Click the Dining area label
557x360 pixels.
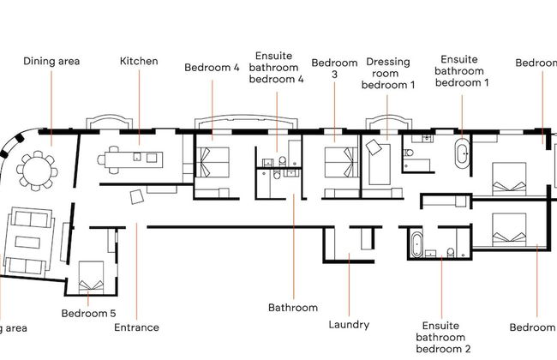pos(52,61)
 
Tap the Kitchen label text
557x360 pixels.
pos(138,61)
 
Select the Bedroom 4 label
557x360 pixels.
pos(212,68)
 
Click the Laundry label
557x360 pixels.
pos(349,325)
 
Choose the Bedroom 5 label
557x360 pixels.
pos(88,314)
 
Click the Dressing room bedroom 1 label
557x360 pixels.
pos(388,74)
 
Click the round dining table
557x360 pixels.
pos(37,170)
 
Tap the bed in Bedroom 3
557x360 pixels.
pos(341,160)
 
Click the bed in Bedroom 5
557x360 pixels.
pos(91,277)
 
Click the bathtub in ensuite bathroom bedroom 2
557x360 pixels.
pos(416,243)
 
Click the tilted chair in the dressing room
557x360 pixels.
pos(374,148)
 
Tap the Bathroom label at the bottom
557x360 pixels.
pos(293,307)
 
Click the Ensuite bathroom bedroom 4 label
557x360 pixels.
pos(276,68)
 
